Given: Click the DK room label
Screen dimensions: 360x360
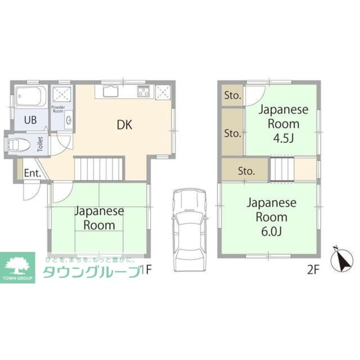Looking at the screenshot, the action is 125,125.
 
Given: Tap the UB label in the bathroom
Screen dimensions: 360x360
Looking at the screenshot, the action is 30,120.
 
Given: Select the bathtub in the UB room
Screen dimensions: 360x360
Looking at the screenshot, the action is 31,96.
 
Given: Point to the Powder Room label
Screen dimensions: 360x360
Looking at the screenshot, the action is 58,109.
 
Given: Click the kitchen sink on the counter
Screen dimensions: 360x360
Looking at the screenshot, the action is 111,91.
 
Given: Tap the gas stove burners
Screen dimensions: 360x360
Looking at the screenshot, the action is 144,91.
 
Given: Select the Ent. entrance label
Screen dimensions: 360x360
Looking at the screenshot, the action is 32,173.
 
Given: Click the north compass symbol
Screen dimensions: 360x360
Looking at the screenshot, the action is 342,259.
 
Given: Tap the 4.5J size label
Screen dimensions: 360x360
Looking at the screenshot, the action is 284,138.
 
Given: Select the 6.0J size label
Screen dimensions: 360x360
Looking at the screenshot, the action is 271,231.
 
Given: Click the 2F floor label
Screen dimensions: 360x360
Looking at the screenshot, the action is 313,270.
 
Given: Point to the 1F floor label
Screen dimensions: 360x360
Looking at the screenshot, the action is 146,270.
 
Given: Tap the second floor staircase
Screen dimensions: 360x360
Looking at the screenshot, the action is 282,169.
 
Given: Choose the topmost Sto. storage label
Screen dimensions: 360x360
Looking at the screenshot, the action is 233,95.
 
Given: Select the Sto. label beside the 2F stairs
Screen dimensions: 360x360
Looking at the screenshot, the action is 246,171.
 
